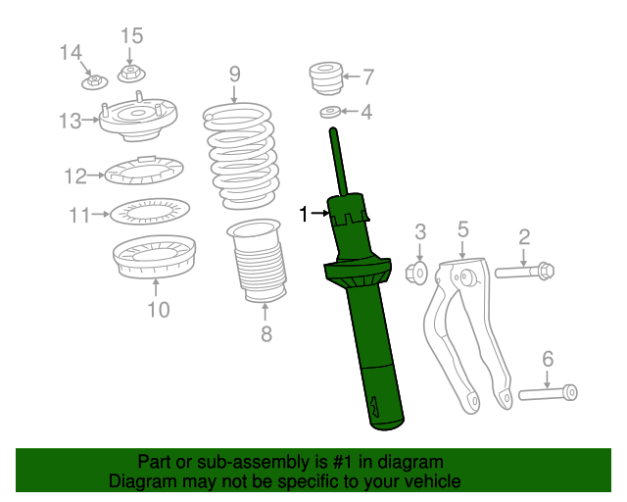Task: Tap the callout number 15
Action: pyautogui.click(x=131, y=36)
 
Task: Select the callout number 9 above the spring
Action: pyautogui.click(x=235, y=74)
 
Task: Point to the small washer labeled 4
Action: pyautogui.click(x=331, y=113)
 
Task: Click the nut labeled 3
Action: pyautogui.click(x=415, y=272)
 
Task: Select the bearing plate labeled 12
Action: pyautogui.click(x=143, y=172)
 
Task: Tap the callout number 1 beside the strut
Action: pyautogui.click(x=304, y=214)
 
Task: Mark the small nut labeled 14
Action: pyautogui.click(x=91, y=76)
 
